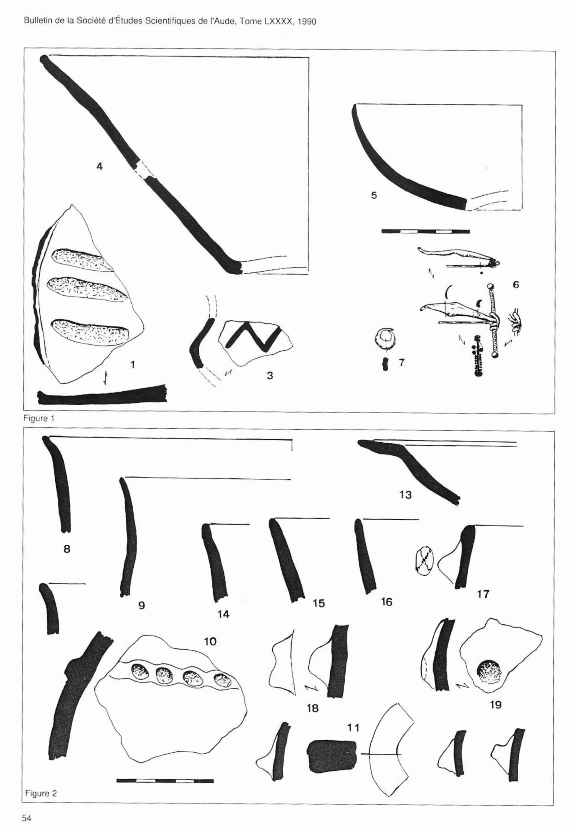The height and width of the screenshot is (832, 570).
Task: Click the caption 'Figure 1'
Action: point(39,419)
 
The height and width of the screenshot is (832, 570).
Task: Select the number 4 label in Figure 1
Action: point(99,166)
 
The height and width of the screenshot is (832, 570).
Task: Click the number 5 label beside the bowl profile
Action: point(374,195)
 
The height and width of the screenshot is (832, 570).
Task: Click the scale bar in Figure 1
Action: point(426,232)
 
